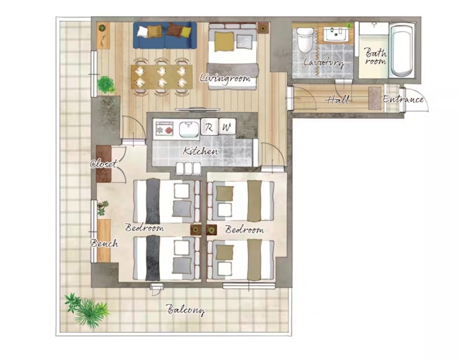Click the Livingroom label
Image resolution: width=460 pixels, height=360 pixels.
[225, 79]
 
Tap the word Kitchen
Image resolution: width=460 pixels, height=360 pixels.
[200, 151]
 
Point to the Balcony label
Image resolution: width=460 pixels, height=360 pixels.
[185, 310]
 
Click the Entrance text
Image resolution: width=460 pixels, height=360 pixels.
[403, 99]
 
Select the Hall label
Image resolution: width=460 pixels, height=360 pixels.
[337, 100]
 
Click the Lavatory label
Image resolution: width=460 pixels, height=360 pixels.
[323, 62]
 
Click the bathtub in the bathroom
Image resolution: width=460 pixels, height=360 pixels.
[401, 50]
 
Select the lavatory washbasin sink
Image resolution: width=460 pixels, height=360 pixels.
[336, 34]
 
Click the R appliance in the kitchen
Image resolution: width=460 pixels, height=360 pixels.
[209, 127]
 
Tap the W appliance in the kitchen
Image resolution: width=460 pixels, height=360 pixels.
[227, 127]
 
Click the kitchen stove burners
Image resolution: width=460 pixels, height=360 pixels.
[164, 128]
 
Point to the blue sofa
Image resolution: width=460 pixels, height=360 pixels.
[165, 36]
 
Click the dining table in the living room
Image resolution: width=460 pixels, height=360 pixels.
[162, 77]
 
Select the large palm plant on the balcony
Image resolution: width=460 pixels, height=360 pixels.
[87, 310]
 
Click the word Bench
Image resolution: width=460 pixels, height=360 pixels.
[105, 243]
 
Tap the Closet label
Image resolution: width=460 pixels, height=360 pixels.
[104, 164]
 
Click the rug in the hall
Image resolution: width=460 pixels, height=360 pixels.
[375, 98]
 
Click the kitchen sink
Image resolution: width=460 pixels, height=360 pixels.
[189, 129]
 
